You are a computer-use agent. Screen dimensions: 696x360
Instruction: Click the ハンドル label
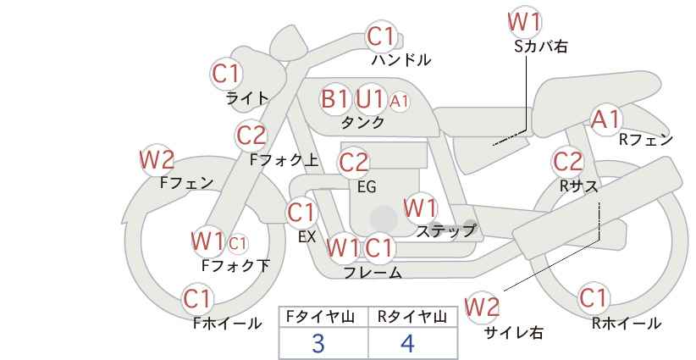coord(401,59)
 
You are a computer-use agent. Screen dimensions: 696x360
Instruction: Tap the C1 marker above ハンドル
coord(381,36)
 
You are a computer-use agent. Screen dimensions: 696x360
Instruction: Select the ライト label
coord(247,98)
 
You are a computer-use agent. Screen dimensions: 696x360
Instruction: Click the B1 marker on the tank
coord(335,98)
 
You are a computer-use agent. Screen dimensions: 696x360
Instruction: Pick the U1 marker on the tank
coord(370,98)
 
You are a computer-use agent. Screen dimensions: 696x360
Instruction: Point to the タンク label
coord(362,122)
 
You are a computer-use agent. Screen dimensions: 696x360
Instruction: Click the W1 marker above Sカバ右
coord(525,22)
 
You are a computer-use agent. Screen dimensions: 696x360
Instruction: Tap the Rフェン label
coord(646,140)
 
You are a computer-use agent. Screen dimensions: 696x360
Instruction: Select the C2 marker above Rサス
coord(567,162)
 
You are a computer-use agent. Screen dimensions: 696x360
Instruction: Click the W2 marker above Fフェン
coord(157,160)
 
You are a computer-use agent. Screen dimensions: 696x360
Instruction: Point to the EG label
coord(367,187)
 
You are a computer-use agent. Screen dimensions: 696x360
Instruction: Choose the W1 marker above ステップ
coord(420,208)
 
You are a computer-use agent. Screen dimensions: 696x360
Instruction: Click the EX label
coord(307,237)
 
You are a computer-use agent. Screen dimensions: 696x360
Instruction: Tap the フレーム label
coord(373,273)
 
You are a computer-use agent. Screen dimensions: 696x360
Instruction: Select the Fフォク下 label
coord(235,265)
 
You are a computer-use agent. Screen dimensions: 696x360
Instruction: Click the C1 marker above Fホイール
coord(197,299)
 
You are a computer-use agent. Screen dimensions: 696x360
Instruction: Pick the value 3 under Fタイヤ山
coord(318,343)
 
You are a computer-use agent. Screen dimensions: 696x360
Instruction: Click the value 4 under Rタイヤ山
coord(407,343)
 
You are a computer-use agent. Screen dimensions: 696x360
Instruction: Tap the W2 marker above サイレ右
coord(482,307)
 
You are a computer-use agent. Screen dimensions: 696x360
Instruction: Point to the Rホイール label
coord(627,324)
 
